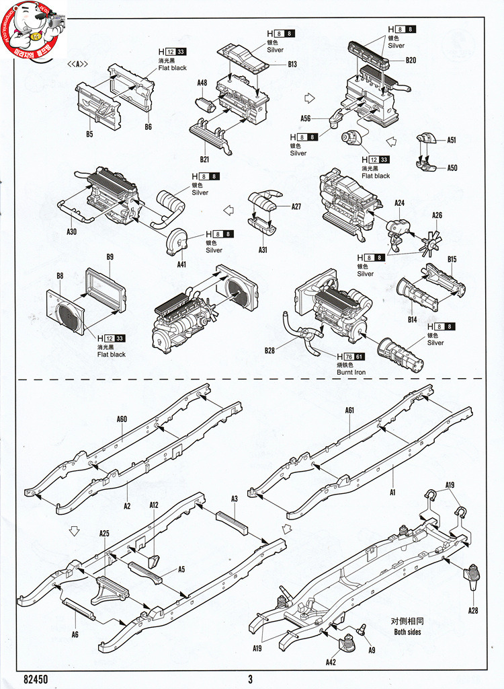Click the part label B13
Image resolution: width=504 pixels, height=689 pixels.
point(292,65)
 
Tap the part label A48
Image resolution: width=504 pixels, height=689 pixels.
point(202,83)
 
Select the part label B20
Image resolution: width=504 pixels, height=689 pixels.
point(411,60)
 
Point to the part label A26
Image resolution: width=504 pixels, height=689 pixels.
point(437,216)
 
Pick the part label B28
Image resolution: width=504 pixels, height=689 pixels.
point(270,351)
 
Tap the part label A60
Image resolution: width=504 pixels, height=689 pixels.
point(122,419)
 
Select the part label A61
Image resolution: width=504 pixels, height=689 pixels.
point(349,410)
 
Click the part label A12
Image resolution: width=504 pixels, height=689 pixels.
point(154,505)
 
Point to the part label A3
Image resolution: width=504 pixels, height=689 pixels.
point(235,499)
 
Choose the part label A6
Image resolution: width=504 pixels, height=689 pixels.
point(75,634)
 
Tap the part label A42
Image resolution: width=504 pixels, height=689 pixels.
point(331,663)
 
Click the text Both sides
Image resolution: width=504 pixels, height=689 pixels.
point(408,632)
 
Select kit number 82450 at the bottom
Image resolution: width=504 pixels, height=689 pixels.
point(36,679)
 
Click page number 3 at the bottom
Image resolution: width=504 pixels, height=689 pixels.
point(250,679)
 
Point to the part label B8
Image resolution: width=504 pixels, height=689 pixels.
point(60,276)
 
